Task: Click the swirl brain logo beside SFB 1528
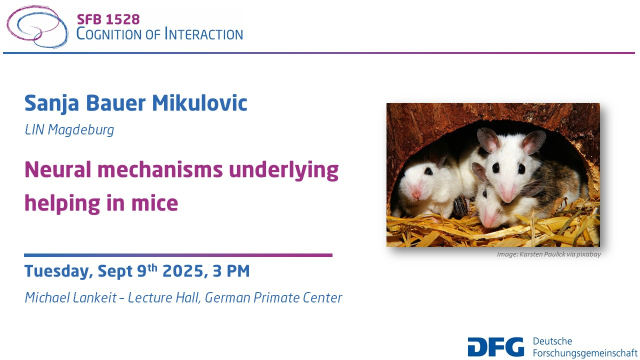[37, 26]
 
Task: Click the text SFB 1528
[108, 19]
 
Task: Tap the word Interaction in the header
[203, 34]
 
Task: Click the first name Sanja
[51, 103]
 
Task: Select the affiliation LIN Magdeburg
[69, 130]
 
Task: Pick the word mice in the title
[154, 203]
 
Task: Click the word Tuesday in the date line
[58, 271]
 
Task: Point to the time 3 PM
[231, 270]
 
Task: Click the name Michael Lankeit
[71, 297]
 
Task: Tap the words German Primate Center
[273, 297]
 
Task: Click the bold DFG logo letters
[495, 347]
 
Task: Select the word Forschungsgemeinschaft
[585, 353]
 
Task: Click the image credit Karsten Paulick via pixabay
[560, 254]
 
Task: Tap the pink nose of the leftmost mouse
[416, 195]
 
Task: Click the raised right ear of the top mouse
[533, 141]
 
